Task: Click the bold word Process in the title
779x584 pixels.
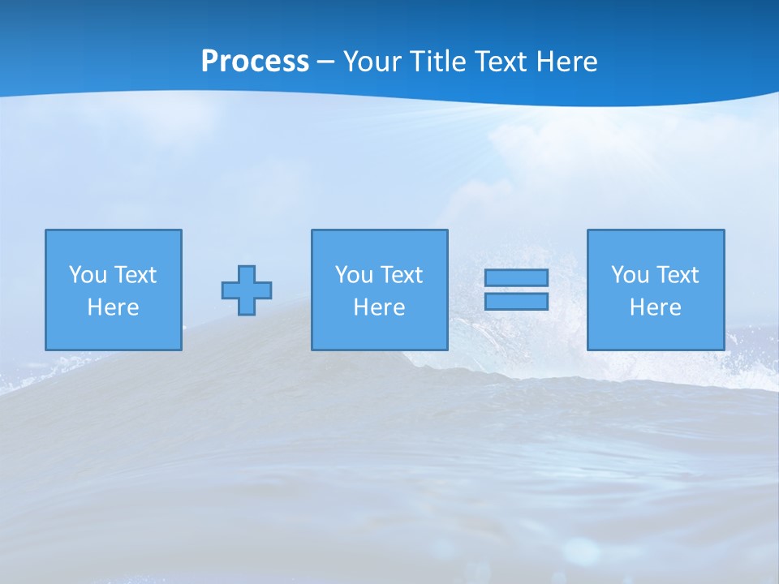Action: [255, 62]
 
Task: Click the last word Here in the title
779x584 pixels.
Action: [567, 62]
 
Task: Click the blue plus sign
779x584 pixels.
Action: [247, 290]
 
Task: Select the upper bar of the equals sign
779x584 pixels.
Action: [516, 277]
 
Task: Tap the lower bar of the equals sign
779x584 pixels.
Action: [516, 301]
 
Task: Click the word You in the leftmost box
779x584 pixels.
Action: [88, 275]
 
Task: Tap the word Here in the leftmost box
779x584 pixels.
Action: [114, 307]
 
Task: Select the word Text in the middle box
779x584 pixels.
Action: [401, 275]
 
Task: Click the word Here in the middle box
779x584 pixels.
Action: [379, 307]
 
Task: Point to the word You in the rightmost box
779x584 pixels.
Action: [630, 275]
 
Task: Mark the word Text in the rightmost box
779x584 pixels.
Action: [677, 275]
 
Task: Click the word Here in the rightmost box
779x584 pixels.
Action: [656, 307]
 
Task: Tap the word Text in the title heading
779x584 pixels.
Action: [503, 62]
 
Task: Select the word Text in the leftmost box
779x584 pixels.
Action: [135, 275]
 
